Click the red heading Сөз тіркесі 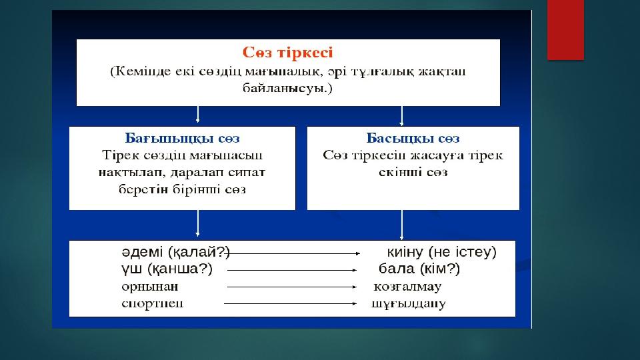[287, 52]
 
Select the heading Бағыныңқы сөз [183, 139]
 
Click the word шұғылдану [408, 304]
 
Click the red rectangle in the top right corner [565, 30]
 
